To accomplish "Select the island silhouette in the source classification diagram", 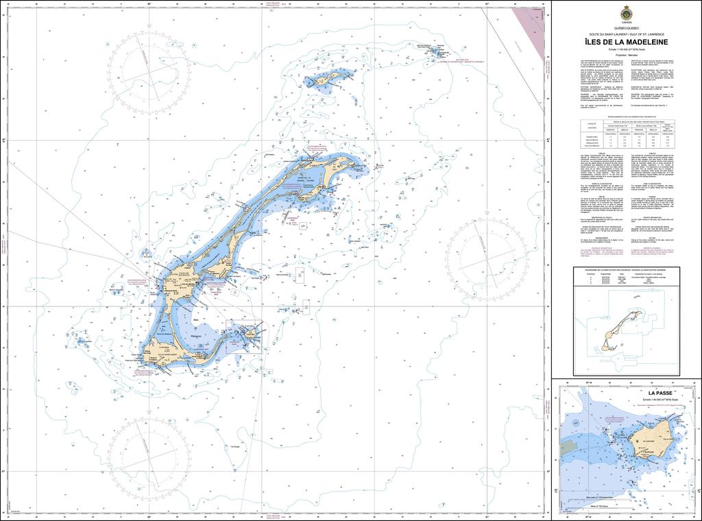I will [x=620, y=330].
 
